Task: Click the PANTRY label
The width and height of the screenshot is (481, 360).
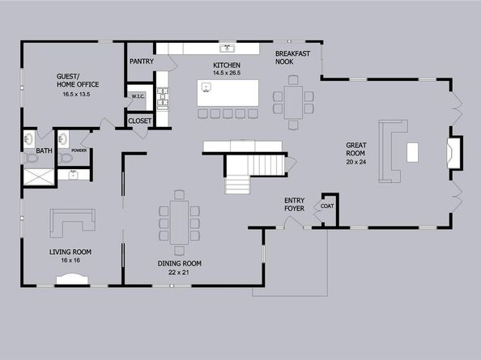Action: click(x=142, y=61)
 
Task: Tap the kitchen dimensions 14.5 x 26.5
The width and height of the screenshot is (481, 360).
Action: click(x=227, y=74)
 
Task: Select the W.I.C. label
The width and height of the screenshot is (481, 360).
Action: click(x=138, y=96)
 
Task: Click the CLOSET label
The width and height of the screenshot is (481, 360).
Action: click(x=140, y=121)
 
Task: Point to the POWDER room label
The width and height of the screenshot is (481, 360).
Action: click(x=79, y=150)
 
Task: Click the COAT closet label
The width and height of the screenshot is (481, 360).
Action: click(x=327, y=206)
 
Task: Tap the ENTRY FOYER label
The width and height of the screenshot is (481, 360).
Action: click(x=294, y=205)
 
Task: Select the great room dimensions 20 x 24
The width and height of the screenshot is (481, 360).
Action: click(x=356, y=162)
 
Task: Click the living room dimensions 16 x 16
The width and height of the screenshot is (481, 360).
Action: click(x=70, y=260)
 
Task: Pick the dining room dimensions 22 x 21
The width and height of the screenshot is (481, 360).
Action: click(x=179, y=273)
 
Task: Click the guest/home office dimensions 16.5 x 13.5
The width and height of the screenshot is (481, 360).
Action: click(x=76, y=95)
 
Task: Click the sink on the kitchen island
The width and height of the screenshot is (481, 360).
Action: click(x=206, y=87)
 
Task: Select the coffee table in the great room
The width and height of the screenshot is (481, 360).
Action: click(x=412, y=152)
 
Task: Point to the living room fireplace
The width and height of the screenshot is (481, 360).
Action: click(x=72, y=279)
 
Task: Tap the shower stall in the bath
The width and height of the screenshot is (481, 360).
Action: click(x=39, y=177)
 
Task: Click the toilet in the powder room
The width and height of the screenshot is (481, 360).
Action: click(x=65, y=158)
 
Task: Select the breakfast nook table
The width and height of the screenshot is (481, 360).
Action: click(x=293, y=102)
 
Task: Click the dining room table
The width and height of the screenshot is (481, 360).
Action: click(x=179, y=222)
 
